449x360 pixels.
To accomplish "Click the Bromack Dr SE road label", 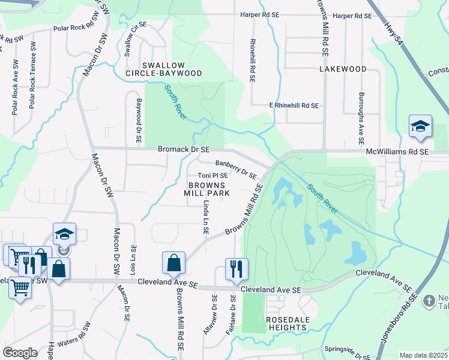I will (184, 149).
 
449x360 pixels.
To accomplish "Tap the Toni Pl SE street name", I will (212, 176).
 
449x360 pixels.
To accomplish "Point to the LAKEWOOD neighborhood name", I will (343, 69).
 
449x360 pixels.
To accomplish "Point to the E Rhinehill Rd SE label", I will (294, 105).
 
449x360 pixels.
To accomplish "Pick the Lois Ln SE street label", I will (134, 261).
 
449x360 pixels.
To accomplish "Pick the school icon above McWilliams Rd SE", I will (420, 127).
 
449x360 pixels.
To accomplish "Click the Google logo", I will (20, 353).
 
